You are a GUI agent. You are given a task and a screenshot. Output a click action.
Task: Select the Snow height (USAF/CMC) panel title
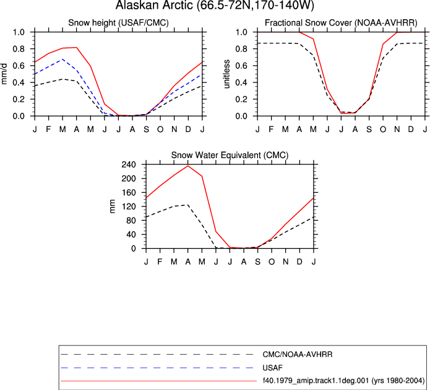[x=118, y=22]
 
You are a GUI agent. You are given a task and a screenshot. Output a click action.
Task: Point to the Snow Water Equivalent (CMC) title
[x=230, y=155]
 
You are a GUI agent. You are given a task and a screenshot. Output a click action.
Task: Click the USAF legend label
[x=272, y=368]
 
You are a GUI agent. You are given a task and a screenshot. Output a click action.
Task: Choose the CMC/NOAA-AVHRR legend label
[x=298, y=355]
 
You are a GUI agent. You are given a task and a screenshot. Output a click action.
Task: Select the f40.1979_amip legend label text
[x=343, y=381]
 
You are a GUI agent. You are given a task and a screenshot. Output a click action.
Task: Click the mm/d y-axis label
[x=4, y=74]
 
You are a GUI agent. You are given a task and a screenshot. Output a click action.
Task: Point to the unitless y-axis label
[x=226, y=74]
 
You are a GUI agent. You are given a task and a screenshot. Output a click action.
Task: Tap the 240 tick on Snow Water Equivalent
[x=129, y=165]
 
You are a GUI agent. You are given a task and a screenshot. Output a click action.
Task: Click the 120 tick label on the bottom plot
[x=129, y=206]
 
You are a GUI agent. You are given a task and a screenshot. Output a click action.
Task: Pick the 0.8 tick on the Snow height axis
[x=19, y=49]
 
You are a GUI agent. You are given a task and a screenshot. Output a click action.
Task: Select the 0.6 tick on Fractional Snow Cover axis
[x=241, y=66]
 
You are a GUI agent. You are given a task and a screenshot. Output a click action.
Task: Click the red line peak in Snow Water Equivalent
[x=188, y=166]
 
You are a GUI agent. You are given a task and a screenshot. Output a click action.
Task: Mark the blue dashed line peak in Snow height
[x=63, y=59]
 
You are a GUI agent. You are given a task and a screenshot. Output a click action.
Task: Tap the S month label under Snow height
[x=146, y=129]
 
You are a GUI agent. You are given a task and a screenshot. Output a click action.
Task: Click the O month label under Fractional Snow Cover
[x=383, y=129]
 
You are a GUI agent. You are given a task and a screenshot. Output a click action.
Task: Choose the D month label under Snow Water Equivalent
[x=299, y=262]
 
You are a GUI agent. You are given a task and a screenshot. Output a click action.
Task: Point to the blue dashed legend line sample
[x=157, y=368]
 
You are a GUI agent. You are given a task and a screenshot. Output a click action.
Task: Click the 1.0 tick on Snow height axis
[x=19, y=32]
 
